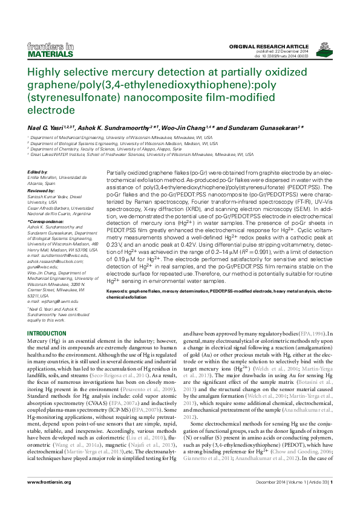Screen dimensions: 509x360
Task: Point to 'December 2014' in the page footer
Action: pyautogui.click(x=272, y=499)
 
